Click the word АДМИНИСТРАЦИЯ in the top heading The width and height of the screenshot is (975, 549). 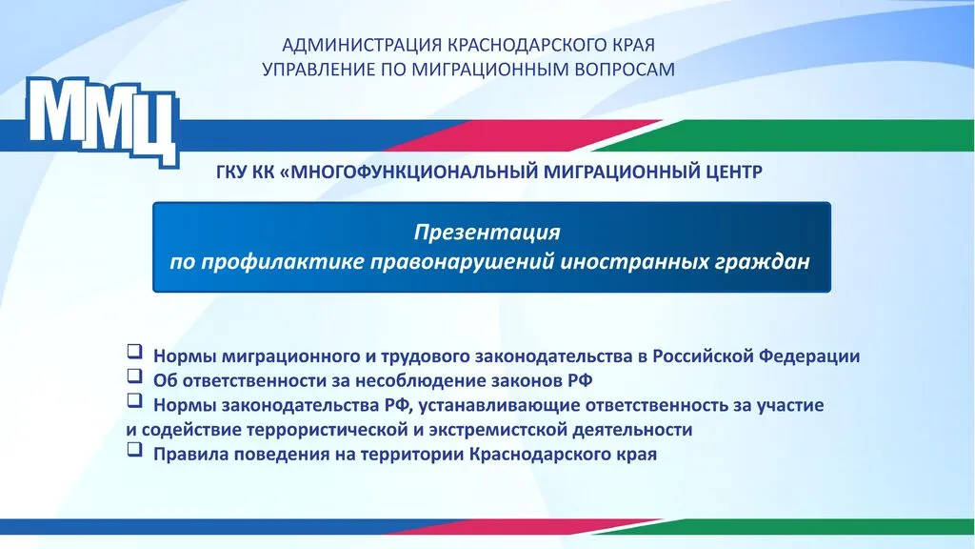coord(362,46)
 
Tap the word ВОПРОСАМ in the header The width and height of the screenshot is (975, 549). coord(625,69)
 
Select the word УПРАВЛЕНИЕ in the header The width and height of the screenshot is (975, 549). coord(319,69)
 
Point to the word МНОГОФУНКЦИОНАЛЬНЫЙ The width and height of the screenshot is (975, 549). coord(414,172)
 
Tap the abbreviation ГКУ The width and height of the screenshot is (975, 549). coord(232,172)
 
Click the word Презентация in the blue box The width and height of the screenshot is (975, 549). coord(487,233)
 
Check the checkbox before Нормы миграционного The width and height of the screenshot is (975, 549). coord(134,352)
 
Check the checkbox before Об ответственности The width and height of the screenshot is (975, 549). coord(134,376)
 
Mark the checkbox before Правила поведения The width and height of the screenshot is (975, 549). coord(134,450)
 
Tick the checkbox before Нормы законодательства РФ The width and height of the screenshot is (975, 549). coord(134,400)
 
